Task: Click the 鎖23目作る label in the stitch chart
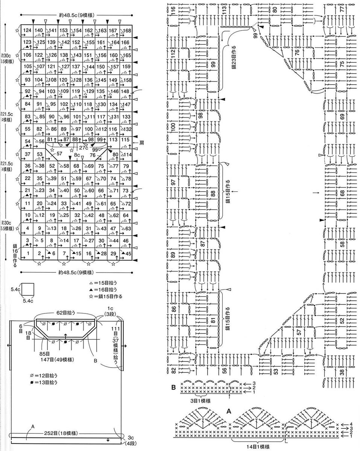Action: point(233,56)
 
